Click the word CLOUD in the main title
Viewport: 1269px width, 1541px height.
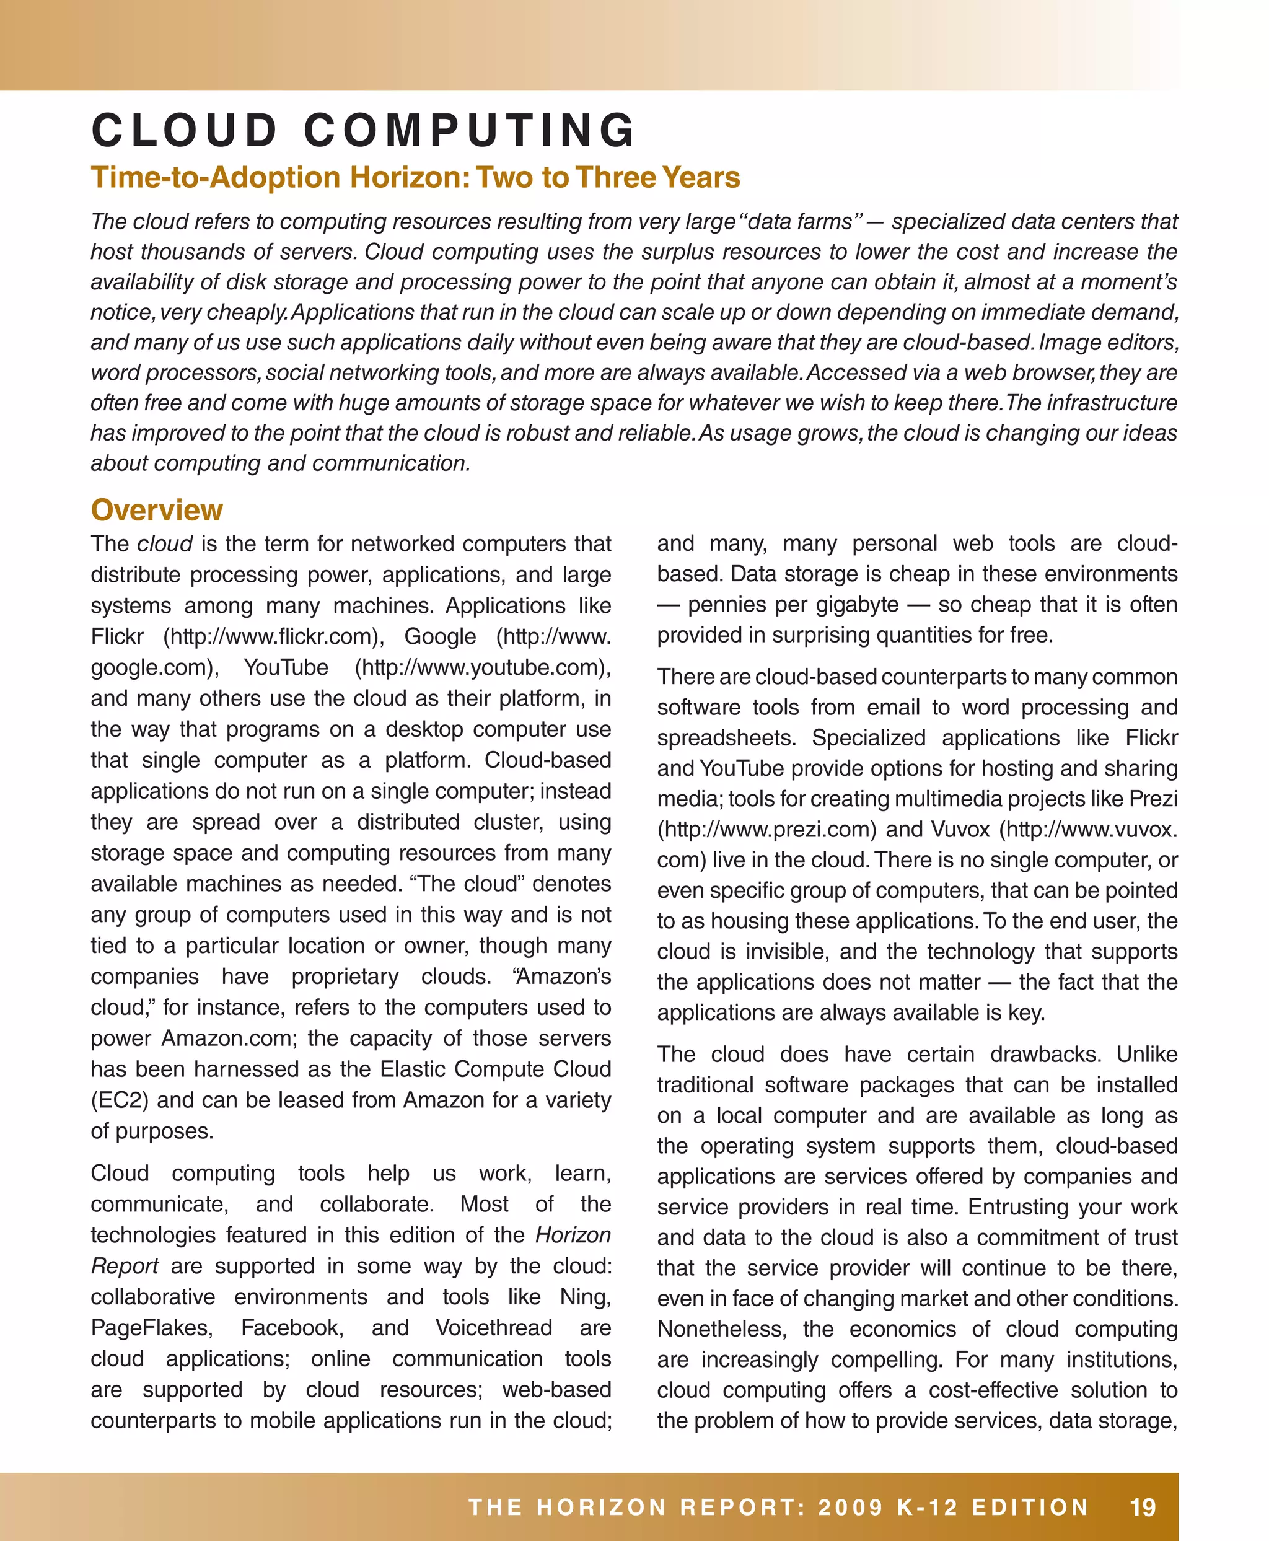pyautogui.click(x=184, y=131)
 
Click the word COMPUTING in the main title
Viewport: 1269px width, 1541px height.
pyautogui.click(x=470, y=131)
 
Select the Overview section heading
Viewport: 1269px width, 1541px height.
pyautogui.click(x=156, y=510)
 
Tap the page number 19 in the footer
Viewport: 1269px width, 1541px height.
pyautogui.click(x=1143, y=1507)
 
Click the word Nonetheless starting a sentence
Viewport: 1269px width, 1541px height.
pyautogui.click(x=721, y=1329)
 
